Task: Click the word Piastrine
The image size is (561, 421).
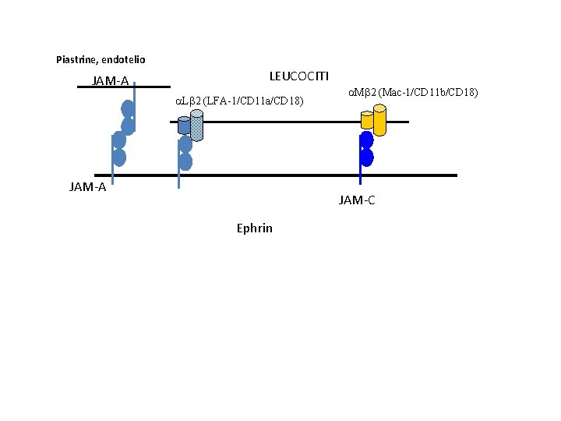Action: click(x=76, y=59)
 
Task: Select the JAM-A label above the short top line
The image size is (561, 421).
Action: click(x=110, y=81)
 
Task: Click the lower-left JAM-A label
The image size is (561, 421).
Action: click(x=87, y=186)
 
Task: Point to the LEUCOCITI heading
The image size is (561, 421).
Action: click(x=299, y=76)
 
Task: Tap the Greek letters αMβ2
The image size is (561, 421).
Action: click(x=362, y=93)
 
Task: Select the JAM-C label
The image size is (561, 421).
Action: click(x=357, y=200)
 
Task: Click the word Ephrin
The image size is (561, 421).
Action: click(x=254, y=228)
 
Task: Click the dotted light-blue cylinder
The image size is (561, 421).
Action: click(x=196, y=124)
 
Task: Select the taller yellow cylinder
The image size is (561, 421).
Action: click(x=379, y=119)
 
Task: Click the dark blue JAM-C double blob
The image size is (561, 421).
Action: click(x=365, y=149)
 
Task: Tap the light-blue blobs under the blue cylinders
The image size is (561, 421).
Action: click(x=185, y=153)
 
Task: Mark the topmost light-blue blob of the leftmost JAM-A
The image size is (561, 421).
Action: click(x=128, y=110)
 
